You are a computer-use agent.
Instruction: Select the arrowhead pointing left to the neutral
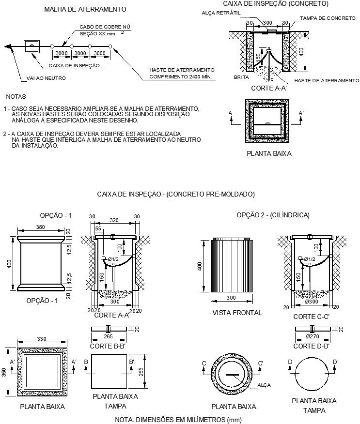click(7, 47)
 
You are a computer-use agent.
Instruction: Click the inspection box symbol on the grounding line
click(32, 46)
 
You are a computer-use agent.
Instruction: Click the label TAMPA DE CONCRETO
click(328, 18)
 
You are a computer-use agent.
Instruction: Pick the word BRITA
click(241, 77)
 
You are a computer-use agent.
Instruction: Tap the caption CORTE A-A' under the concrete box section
click(269, 89)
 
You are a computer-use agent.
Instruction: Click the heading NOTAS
click(16, 96)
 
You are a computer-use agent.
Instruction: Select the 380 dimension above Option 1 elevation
click(40, 227)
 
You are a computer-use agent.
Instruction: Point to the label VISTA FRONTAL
click(237, 313)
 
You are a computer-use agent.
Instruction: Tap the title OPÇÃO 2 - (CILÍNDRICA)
click(273, 215)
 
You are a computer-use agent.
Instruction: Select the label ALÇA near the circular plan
click(265, 385)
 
